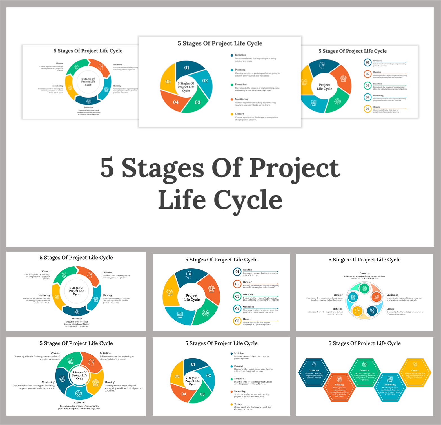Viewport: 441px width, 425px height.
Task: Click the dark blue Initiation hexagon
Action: (314, 373)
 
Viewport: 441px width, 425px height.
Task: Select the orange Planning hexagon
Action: (339, 387)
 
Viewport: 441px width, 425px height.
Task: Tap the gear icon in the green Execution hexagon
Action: (364, 364)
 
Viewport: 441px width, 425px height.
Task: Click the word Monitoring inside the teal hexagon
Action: (390, 384)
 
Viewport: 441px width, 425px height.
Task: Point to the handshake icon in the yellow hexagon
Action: (415, 364)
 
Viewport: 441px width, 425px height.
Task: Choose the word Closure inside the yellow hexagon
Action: (415, 370)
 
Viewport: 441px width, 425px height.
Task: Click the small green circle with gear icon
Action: (364, 288)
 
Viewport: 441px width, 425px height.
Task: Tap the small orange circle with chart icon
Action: (376, 297)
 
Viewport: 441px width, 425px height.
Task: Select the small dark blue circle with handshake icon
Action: (372, 311)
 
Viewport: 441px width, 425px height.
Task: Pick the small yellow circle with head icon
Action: (357, 311)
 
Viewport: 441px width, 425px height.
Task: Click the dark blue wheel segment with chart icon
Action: (62, 379)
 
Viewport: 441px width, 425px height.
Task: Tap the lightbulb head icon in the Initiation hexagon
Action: (314, 364)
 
